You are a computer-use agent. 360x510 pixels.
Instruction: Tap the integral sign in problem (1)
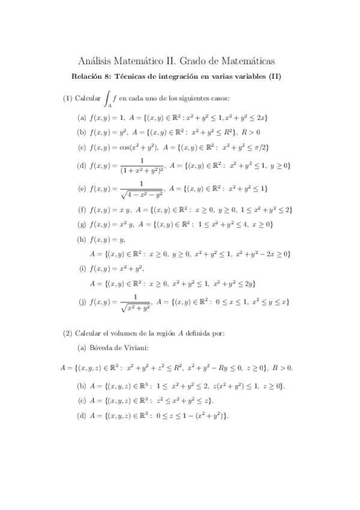point(108,98)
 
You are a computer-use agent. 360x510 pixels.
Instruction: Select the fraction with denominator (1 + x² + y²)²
point(142,165)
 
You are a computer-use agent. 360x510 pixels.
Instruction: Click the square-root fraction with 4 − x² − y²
point(142,189)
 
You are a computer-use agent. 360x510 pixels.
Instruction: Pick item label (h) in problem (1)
point(82,239)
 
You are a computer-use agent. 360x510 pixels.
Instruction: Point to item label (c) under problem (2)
point(82,400)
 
